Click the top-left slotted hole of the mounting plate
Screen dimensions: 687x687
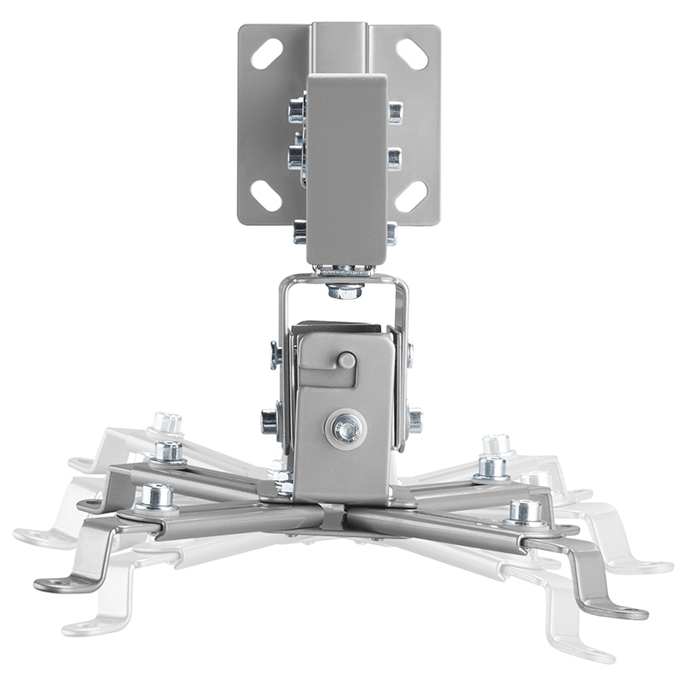266,54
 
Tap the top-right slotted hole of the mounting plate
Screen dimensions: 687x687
412,54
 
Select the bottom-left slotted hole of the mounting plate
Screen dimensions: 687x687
266,196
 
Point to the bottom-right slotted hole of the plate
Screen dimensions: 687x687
412,196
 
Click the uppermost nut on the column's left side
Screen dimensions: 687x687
297,110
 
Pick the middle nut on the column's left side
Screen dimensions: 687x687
297,156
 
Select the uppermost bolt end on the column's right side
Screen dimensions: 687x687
394,112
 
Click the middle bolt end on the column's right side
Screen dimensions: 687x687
394,159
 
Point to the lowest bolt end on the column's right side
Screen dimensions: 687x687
391,233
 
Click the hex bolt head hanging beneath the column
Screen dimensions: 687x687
344,289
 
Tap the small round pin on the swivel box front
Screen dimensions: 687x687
347,360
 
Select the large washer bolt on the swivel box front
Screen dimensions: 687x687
345,428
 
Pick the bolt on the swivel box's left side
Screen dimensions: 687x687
270,422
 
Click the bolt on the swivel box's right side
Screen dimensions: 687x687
414,420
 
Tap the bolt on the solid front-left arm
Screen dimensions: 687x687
156,496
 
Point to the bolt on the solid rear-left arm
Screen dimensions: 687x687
168,450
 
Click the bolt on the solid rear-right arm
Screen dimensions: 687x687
492,466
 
